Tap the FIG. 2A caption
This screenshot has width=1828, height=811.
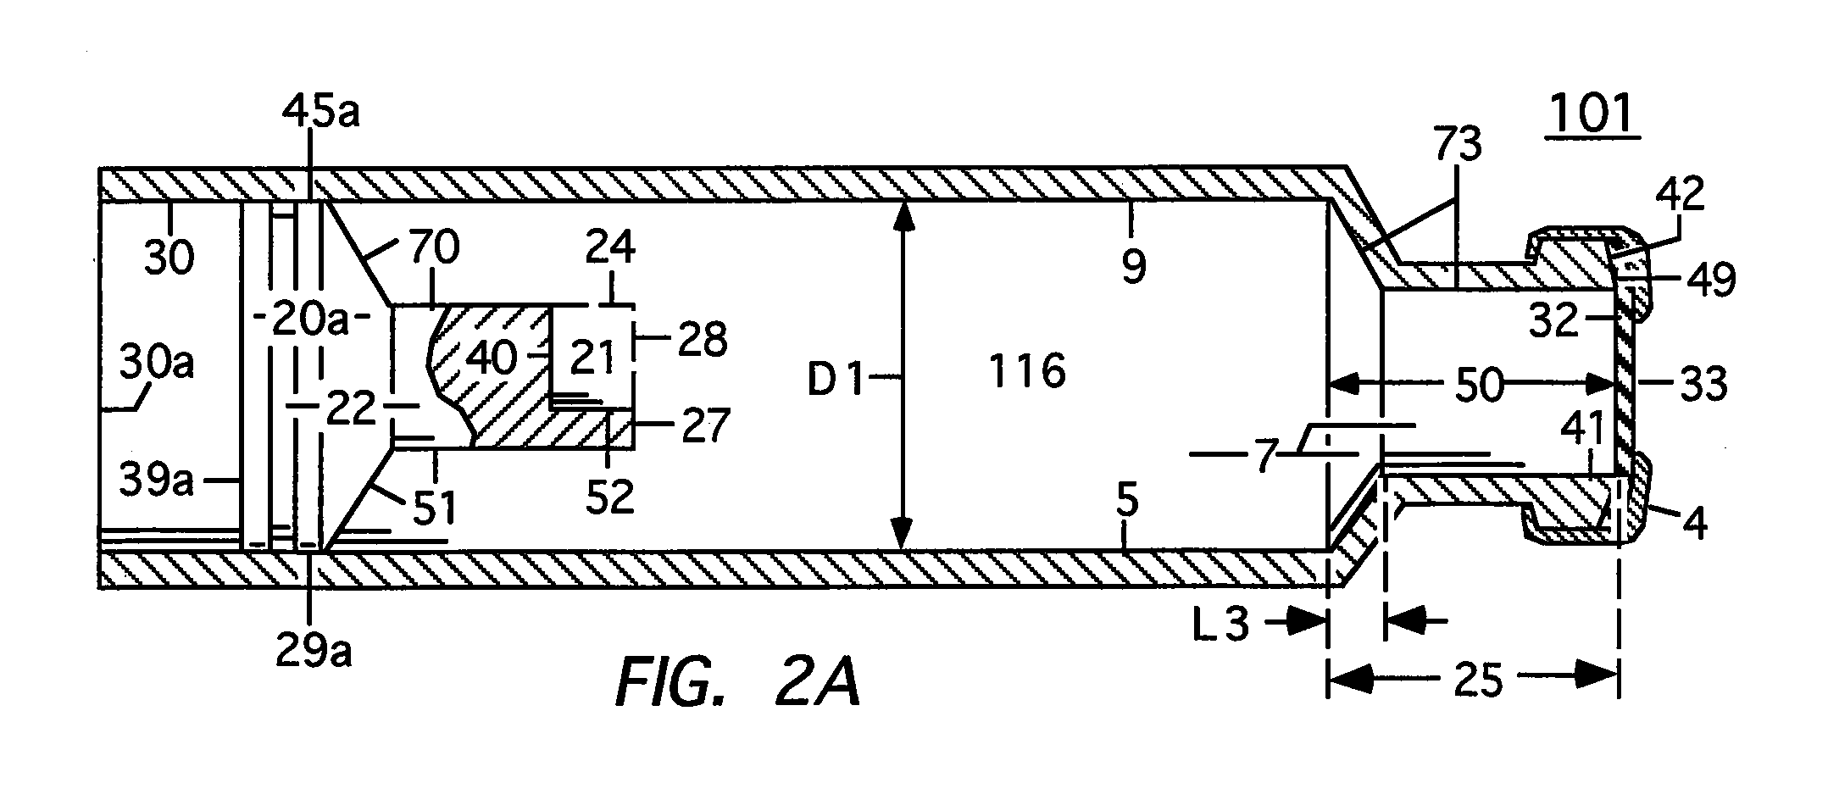coord(737,684)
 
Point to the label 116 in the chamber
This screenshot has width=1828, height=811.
coord(1027,371)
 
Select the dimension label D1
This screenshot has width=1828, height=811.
coord(834,381)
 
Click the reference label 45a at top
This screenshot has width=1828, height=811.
coord(321,112)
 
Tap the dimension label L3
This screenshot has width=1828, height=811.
coord(1225,625)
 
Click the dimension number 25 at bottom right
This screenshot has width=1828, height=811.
coord(1479,680)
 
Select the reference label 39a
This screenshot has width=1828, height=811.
coord(157,481)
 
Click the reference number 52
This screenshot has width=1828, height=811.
coord(610,497)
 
